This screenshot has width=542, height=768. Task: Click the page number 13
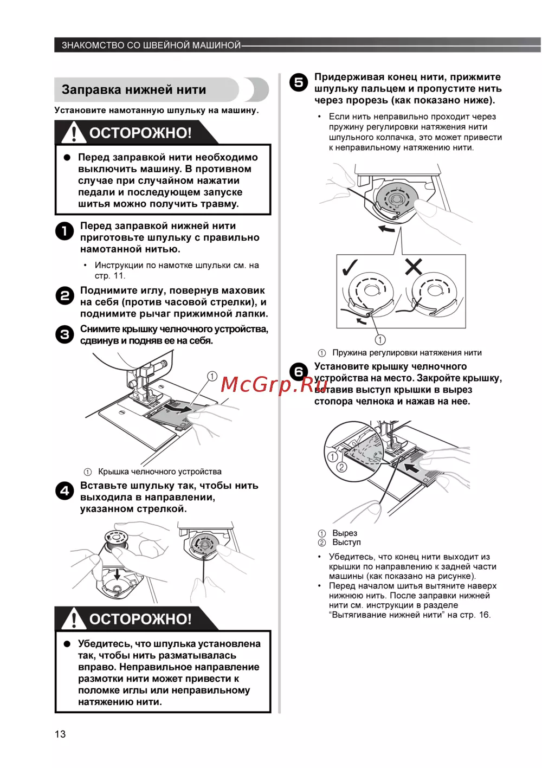point(60,734)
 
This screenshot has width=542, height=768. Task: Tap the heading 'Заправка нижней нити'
point(133,90)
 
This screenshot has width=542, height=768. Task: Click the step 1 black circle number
point(64,231)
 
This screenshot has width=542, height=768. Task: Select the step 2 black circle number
point(64,296)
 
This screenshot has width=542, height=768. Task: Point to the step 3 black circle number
point(64,334)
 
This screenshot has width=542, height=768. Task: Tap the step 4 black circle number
point(64,491)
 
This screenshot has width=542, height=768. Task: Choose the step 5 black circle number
point(299,82)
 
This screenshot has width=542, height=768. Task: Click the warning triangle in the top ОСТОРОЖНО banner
point(73,133)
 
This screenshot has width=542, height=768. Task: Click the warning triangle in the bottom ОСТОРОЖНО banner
point(73,619)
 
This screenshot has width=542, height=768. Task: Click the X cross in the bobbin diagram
point(414,266)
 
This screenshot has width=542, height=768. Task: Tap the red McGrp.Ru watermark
point(267,384)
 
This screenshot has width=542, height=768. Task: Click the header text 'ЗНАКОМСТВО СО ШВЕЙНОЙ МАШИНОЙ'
point(151,46)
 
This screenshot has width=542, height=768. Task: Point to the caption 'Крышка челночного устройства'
point(159,472)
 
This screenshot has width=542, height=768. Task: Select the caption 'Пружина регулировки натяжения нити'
point(406,353)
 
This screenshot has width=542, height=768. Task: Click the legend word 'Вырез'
point(345,533)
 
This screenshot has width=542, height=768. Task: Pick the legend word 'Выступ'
point(346,543)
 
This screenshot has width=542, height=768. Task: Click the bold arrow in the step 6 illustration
point(415,467)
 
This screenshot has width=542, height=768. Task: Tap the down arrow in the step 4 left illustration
point(117,573)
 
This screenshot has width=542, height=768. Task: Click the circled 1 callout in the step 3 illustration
point(212,376)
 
